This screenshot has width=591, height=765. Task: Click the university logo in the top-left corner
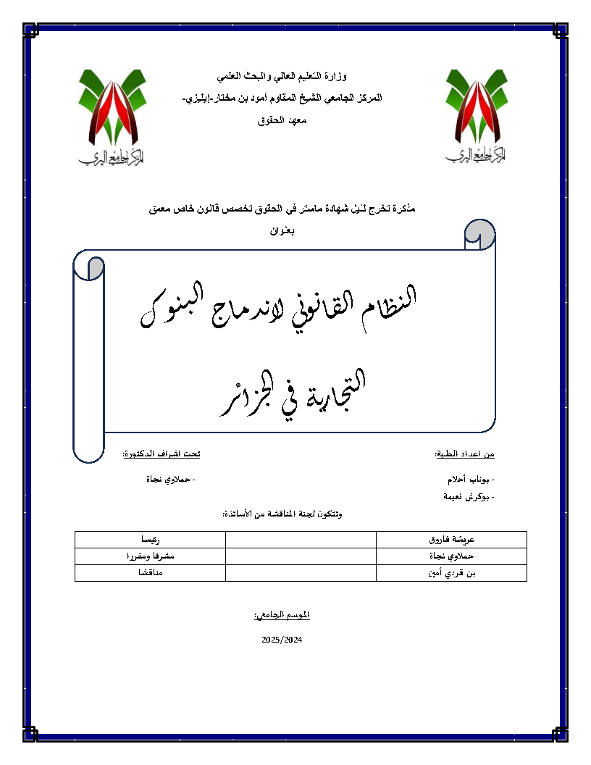click(x=109, y=116)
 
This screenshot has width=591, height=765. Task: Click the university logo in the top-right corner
click(x=475, y=116)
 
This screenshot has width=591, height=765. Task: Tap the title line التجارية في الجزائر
click(x=293, y=396)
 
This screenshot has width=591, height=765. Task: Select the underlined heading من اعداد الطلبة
click(x=464, y=454)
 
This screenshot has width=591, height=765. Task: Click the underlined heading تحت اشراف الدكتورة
click(x=161, y=454)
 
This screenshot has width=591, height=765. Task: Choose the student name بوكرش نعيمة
click(x=470, y=497)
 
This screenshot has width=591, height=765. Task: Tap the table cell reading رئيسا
click(x=151, y=540)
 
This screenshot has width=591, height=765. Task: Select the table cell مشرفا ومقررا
click(x=151, y=556)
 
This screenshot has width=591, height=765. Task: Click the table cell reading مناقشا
click(x=151, y=573)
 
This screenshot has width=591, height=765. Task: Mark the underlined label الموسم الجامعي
click(x=282, y=615)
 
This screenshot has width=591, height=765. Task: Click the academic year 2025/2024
click(x=282, y=640)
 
